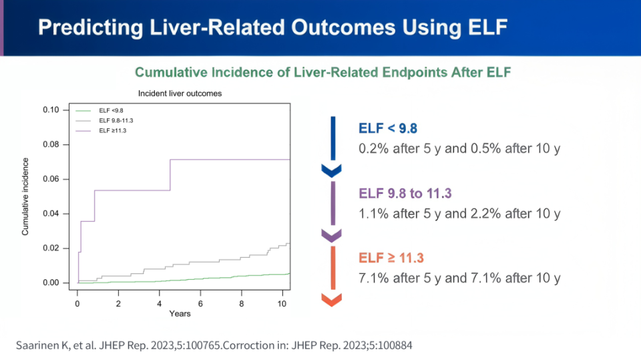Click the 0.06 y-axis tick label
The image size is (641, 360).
pos(51,179)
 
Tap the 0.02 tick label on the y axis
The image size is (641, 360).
pos(51,248)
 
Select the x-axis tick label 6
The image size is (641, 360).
pos(200,304)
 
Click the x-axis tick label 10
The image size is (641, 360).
pos(282,304)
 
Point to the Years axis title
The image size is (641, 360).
pos(180,314)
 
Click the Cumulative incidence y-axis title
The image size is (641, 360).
pos(25,197)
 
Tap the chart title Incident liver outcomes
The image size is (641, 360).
pos(180,94)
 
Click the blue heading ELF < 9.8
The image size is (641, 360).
pos(388,128)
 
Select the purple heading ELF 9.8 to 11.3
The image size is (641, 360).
pos(405,194)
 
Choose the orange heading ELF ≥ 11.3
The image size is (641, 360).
pos(391,258)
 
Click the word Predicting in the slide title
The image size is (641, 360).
pos(90,28)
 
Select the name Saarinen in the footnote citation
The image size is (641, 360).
pos(37,346)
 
